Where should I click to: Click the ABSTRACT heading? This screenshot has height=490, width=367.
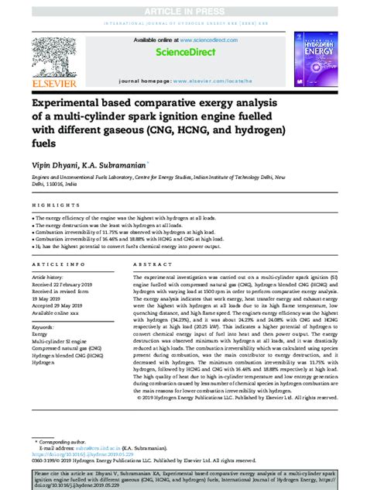tap(149, 264)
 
